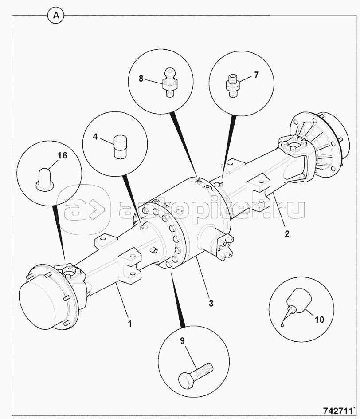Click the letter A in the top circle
[56, 16]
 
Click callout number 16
[63, 155]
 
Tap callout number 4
[95, 137]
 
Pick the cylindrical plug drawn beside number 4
[121, 147]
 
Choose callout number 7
[256, 75]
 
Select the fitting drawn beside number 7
[233, 86]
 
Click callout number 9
[182, 341]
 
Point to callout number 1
[130, 324]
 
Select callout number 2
[287, 234]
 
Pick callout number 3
[211, 303]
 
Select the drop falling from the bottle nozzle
[282, 324]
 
